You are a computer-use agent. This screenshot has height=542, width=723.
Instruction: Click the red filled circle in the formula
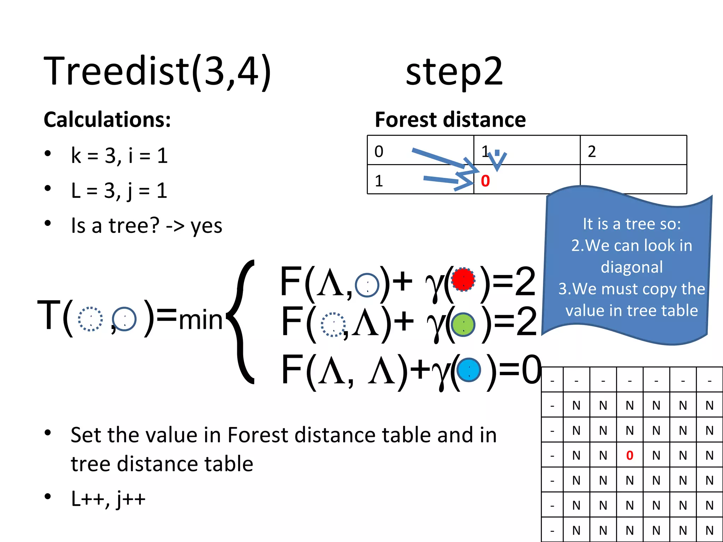[463, 279]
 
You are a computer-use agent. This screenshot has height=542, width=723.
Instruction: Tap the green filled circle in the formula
[463, 325]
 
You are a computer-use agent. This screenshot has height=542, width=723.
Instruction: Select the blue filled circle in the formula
[468, 370]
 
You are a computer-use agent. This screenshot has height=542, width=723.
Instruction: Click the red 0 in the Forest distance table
[485, 181]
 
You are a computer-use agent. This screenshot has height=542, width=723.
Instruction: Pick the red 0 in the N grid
[629, 456]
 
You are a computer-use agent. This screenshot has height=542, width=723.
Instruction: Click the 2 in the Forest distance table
[592, 151]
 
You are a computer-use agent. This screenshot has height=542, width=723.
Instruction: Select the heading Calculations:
[107, 120]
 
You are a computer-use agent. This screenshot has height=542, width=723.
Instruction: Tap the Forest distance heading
[450, 120]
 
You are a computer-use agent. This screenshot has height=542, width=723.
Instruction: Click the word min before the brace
[200, 320]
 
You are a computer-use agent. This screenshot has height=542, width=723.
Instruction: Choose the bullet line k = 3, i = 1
[119, 155]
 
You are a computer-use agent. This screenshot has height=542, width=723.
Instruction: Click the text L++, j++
[108, 498]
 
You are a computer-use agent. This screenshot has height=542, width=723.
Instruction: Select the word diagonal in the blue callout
[632, 267]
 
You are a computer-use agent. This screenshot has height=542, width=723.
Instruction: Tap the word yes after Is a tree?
[206, 226]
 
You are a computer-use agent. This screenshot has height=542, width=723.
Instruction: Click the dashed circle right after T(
[90, 319]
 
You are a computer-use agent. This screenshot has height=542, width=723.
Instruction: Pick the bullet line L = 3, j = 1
[119, 191]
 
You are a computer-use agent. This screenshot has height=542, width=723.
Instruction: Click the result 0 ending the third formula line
[531, 370]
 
